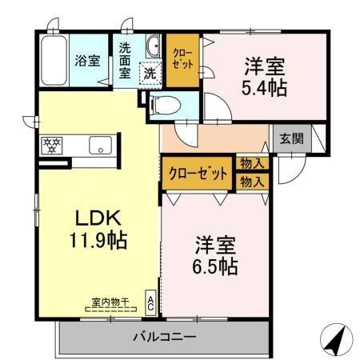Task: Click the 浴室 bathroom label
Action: coord(87,59)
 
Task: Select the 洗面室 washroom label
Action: coord(128,60)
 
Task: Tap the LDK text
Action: coord(98,218)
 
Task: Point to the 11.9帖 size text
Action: coord(98,239)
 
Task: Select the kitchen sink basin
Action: coord(99,146)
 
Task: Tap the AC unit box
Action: coord(150,302)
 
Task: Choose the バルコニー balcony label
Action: coord(165,337)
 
